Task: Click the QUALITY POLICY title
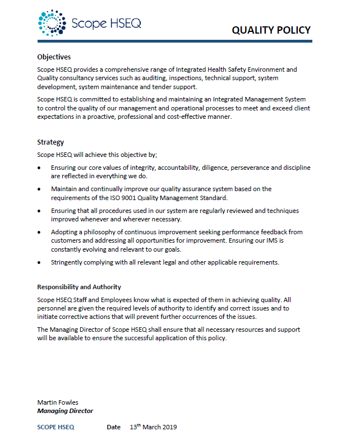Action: pos(271,30)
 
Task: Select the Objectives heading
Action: pos(54,57)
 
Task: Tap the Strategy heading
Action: pos(50,142)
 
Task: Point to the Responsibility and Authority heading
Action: pos(79,287)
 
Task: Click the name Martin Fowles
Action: pos(58,402)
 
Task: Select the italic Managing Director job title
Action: pos(65,411)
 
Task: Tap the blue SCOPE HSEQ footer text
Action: pos(56,427)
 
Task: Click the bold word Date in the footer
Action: pos(114,427)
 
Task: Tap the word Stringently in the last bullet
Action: pos(68,262)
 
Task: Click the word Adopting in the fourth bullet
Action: pos(65,231)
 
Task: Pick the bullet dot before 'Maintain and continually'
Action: pos(39,189)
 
